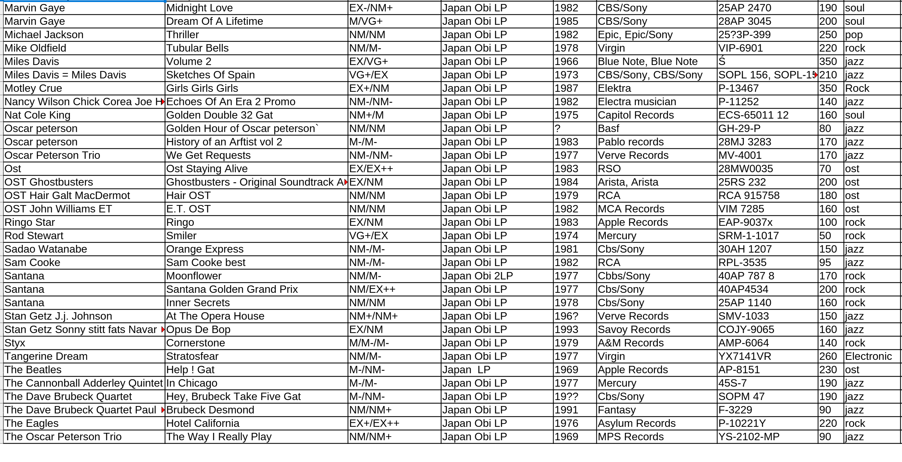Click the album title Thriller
click(x=182, y=35)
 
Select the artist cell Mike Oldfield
click(x=36, y=48)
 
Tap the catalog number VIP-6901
click(x=740, y=48)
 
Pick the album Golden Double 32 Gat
click(x=219, y=115)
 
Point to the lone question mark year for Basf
click(x=558, y=128)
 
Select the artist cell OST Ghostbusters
click(x=49, y=182)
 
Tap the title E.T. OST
click(x=188, y=209)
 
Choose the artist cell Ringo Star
click(x=30, y=222)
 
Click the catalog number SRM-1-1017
click(x=748, y=236)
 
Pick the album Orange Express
click(x=204, y=249)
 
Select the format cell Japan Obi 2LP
click(x=477, y=276)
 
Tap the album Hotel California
click(x=203, y=423)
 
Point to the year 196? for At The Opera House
click(x=566, y=316)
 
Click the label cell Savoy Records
click(x=634, y=329)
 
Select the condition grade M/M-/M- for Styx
click(x=369, y=343)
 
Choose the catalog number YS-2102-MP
click(x=749, y=437)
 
